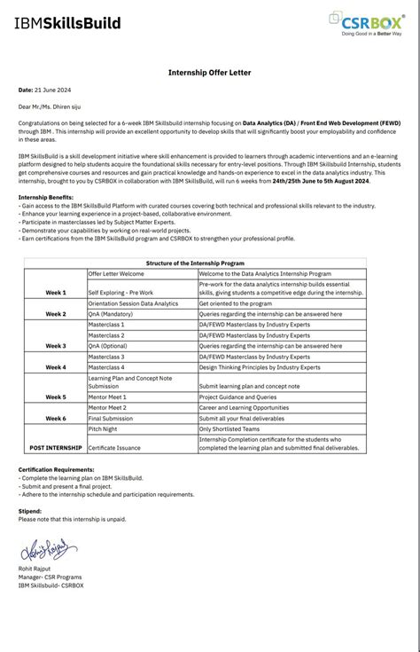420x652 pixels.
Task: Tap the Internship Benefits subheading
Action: [x=46, y=195]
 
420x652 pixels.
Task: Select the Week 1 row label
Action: [x=56, y=292]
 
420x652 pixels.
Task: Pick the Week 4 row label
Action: [x=56, y=366]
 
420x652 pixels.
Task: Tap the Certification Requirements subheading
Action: [x=60, y=470]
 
